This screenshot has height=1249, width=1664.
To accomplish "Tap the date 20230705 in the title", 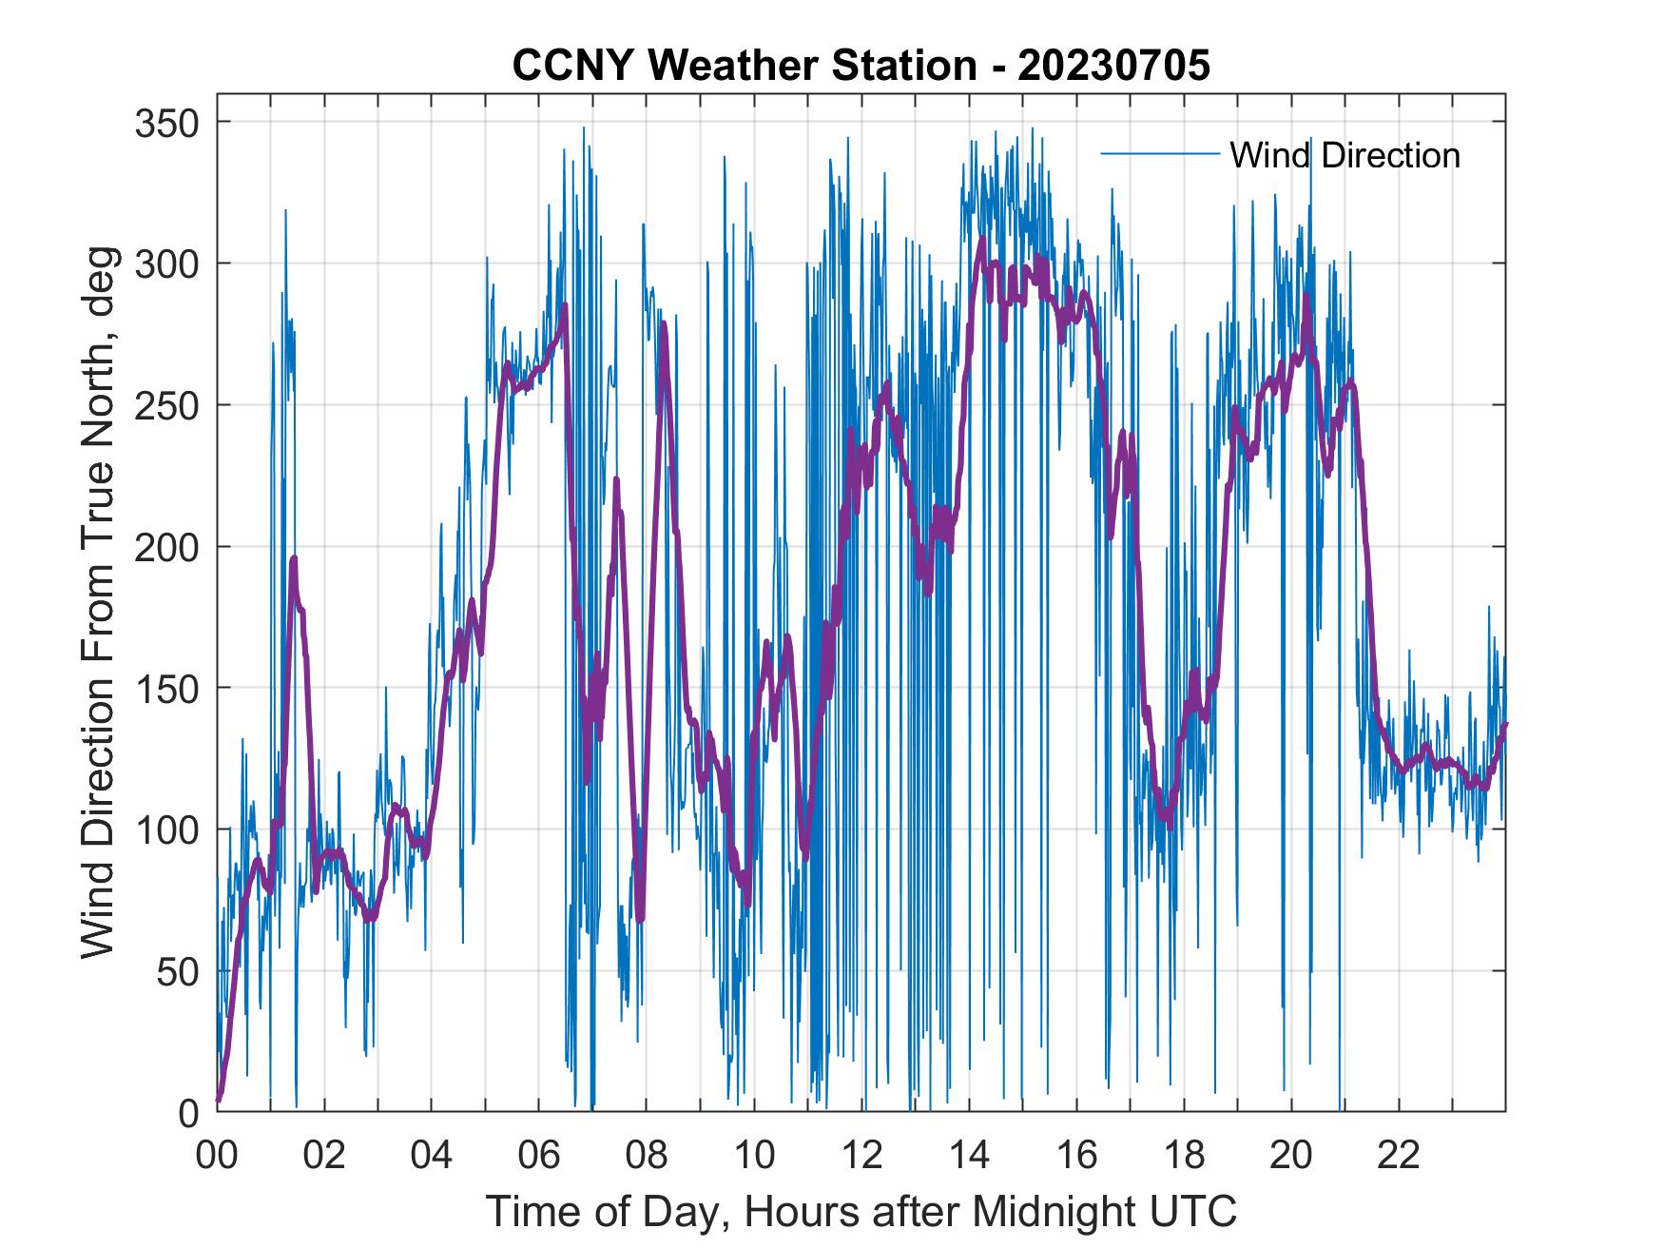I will click(1113, 67).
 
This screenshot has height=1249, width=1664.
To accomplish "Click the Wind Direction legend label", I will click(1345, 155).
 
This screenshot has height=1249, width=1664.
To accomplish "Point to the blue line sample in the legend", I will click(1159, 154).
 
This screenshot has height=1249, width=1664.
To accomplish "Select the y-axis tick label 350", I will click(165, 123).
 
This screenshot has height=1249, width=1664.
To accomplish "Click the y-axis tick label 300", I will click(165, 263).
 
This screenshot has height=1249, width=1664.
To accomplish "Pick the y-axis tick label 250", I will click(165, 405).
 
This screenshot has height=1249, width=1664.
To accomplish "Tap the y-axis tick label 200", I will click(165, 547).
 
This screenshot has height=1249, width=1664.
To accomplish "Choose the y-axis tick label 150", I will click(165, 688).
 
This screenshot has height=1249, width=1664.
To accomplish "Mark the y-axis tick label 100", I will click(165, 829).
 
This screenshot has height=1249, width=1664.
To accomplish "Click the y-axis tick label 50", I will click(177, 971).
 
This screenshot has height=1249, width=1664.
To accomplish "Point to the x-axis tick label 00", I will click(217, 1156).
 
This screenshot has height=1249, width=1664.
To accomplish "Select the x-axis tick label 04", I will click(432, 1156).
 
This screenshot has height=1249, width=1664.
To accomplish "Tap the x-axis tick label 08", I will click(647, 1156).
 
